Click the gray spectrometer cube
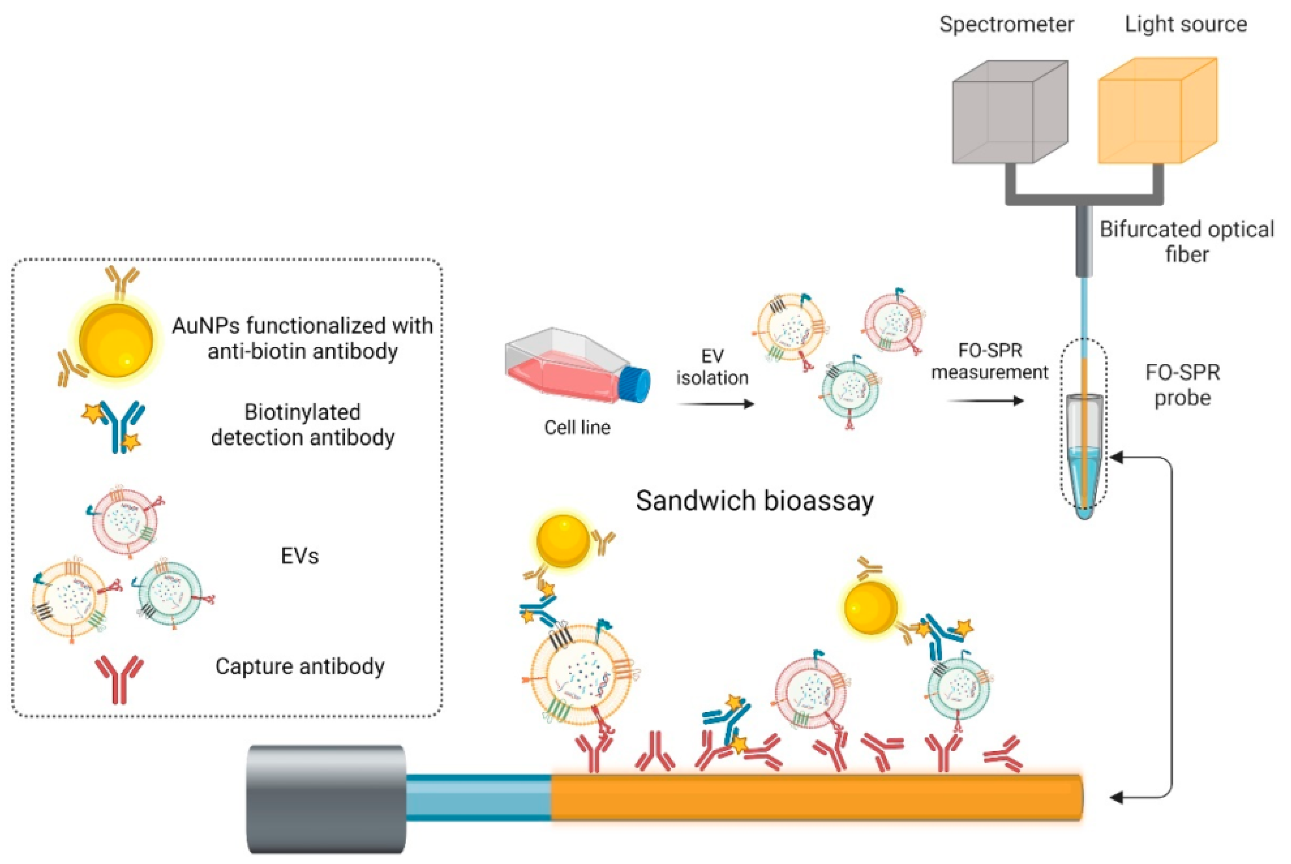(1010, 113)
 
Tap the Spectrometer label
(1006, 24)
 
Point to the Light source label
(1186, 24)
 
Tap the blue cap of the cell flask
(635, 383)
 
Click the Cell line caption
(577, 427)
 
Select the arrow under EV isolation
(715, 404)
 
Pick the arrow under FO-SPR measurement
(985, 401)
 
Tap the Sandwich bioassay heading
(754, 501)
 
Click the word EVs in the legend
(300, 556)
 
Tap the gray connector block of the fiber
(326, 799)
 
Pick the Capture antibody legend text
(300, 667)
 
